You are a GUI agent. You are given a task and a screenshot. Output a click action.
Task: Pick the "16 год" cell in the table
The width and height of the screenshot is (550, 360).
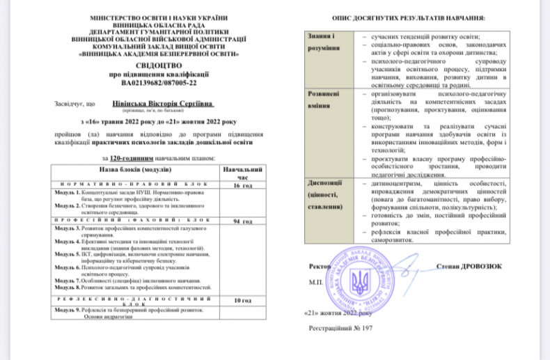click(242, 187)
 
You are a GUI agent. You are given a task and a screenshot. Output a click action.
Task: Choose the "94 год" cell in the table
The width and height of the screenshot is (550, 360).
click(242, 221)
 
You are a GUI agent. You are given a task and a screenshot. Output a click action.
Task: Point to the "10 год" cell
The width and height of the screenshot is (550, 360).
click(242, 300)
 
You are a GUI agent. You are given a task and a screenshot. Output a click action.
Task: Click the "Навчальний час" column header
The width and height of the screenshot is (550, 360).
click(242, 173)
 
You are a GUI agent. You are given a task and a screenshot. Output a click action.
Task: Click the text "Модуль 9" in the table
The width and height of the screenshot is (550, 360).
click(67, 309)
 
